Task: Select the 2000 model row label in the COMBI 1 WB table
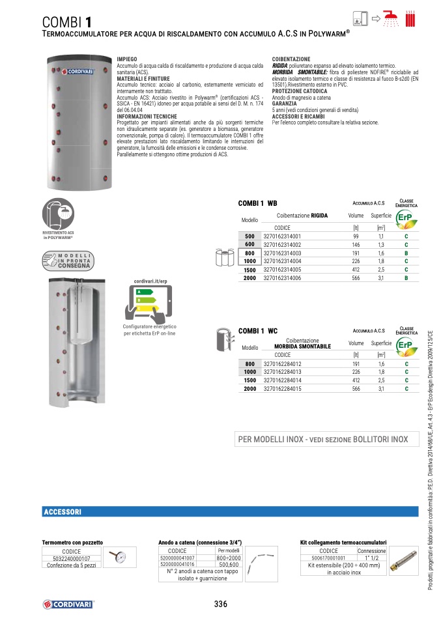coord(249,278)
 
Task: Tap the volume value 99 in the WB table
coord(356,236)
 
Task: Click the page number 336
coord(221,604)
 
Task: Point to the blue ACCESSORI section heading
coord(62,513)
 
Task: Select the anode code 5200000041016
coord(177,565)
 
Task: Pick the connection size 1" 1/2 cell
coord(371,558)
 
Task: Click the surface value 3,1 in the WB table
coord(381,278)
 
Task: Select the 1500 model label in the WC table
coord(249,380)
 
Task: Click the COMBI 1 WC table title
coord(258,331)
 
